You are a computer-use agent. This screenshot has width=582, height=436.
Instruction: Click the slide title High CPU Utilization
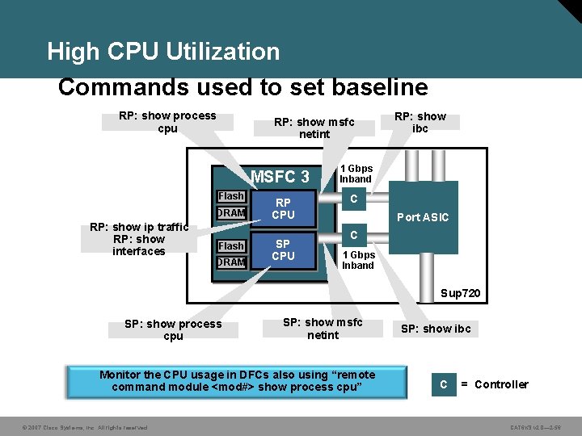tap(163, 52)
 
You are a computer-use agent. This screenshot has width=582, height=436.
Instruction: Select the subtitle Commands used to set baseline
tap(242, 86)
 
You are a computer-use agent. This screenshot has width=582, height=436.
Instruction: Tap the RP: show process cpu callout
tap(167, 122)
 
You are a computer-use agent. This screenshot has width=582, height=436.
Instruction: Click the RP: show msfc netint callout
tap(314, 128)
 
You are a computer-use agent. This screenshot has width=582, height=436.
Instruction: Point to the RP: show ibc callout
tap(420, 122)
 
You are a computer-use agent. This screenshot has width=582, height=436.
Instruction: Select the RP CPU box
tap(283, 208)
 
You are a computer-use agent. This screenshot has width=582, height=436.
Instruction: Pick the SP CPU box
tap(283, 250)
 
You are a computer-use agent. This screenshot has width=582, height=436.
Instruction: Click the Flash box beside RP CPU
tap(231, 196)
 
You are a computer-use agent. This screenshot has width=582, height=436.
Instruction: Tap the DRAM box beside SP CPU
tap(231, 262)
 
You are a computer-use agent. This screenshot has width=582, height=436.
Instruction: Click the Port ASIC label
tap(423, 217)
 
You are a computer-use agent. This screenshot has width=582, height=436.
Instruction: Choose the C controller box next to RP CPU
tap(353, 198)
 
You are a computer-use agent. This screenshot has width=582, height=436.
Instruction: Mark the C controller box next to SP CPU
tap(353, 235)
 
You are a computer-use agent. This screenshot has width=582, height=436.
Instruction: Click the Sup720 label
tap(461, 292)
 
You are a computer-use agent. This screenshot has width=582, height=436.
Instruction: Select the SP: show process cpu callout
tap(173, 329)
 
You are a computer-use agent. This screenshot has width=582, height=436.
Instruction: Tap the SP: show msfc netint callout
tap(323, 329)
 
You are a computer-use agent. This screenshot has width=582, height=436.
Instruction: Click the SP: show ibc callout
tap(436, 329)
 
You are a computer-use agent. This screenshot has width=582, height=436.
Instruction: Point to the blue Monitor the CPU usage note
tap(237, 381)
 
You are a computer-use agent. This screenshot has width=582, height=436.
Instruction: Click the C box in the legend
tap(443, 384)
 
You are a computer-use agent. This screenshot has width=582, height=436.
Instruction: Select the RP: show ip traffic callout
tap(139, 239)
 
